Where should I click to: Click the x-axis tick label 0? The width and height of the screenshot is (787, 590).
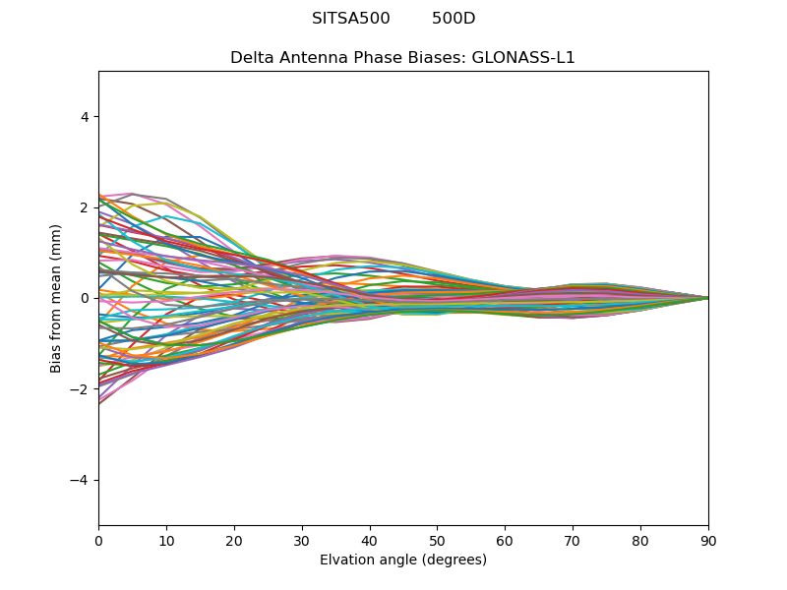[98, 540]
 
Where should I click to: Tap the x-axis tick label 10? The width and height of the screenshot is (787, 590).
[166, 540]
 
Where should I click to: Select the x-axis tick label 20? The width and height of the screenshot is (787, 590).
[234, 540]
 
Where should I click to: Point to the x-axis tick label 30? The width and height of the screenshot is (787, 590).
[302, 540]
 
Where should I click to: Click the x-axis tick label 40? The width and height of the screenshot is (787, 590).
[370, 540]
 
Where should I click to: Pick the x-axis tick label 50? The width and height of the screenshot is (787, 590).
[437, 540]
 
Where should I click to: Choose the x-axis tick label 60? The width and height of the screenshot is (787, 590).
[505, 540]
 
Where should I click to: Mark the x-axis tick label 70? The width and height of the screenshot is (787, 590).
[573, 540]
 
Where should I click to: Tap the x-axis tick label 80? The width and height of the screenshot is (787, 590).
[640, 540]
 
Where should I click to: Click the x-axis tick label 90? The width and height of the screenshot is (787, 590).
[708, 540]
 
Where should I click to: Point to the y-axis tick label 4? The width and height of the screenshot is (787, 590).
[86, 117]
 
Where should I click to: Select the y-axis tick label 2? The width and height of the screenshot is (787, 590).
[86, 207]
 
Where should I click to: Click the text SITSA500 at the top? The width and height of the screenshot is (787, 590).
[351, 19]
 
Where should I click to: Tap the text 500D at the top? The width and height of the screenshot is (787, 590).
[454, 19]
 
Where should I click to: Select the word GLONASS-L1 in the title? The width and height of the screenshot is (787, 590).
[523, 58]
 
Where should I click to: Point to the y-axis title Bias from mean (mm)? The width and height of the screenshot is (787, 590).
[57, 298]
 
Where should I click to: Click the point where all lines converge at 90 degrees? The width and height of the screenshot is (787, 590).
[708, 298]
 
